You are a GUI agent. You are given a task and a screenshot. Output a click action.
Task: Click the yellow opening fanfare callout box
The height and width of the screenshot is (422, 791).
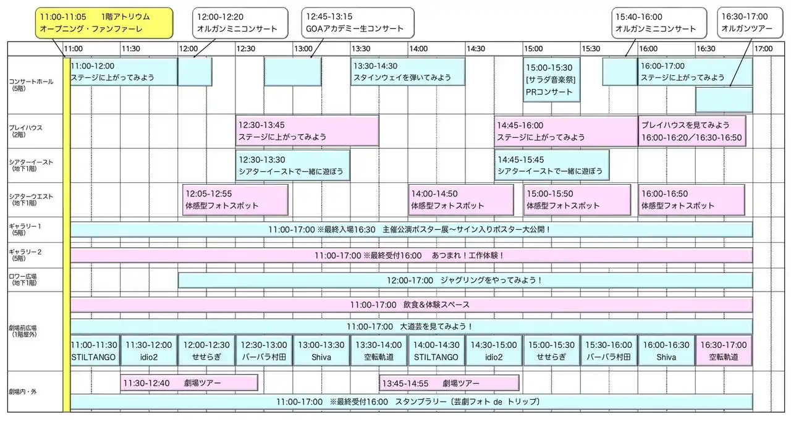pos(104,23)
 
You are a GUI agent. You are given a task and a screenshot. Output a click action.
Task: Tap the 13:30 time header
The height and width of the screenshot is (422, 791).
pos(360,49)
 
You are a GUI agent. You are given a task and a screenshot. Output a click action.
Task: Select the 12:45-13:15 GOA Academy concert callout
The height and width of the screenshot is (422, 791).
pos(358,23)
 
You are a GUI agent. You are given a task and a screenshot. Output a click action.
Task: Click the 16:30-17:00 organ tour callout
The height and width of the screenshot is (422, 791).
pos(750,23)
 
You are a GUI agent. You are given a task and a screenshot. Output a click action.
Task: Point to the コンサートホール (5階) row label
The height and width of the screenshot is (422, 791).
pos(31,85)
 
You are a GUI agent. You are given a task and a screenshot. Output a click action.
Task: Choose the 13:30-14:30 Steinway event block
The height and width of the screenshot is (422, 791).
pos(408,72)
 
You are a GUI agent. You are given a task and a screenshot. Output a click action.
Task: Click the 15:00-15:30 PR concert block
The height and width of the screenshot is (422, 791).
pos(552,80)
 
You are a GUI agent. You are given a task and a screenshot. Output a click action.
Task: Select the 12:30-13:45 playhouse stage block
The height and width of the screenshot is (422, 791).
pos(307,130)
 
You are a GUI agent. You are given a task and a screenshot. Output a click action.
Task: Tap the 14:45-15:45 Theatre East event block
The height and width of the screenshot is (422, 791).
pos(552,165)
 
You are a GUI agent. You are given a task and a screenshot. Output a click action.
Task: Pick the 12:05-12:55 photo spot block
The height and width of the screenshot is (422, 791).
pos(235,200)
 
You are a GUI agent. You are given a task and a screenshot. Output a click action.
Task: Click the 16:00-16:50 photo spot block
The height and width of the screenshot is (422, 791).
pos(692,200)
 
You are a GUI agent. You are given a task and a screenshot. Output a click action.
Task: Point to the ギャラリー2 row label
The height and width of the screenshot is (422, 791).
pos(25,255)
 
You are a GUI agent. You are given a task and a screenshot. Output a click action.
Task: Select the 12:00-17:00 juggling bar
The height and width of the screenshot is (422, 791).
pos(465,281)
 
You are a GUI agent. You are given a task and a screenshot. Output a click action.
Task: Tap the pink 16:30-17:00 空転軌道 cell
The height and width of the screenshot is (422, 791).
pos(724,351)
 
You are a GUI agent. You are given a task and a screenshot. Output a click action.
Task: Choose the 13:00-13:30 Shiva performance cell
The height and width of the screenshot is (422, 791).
pos(321,351)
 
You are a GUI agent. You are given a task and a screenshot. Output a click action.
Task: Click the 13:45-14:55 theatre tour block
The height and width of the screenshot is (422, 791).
pos(449,383)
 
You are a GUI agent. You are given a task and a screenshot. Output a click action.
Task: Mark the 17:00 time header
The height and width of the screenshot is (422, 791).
pos(763,49)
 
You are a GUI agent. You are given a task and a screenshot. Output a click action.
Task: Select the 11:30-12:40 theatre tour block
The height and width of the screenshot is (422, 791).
pos(189,383)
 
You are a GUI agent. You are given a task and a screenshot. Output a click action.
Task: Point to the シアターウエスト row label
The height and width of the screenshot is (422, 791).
pos(31,200)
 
